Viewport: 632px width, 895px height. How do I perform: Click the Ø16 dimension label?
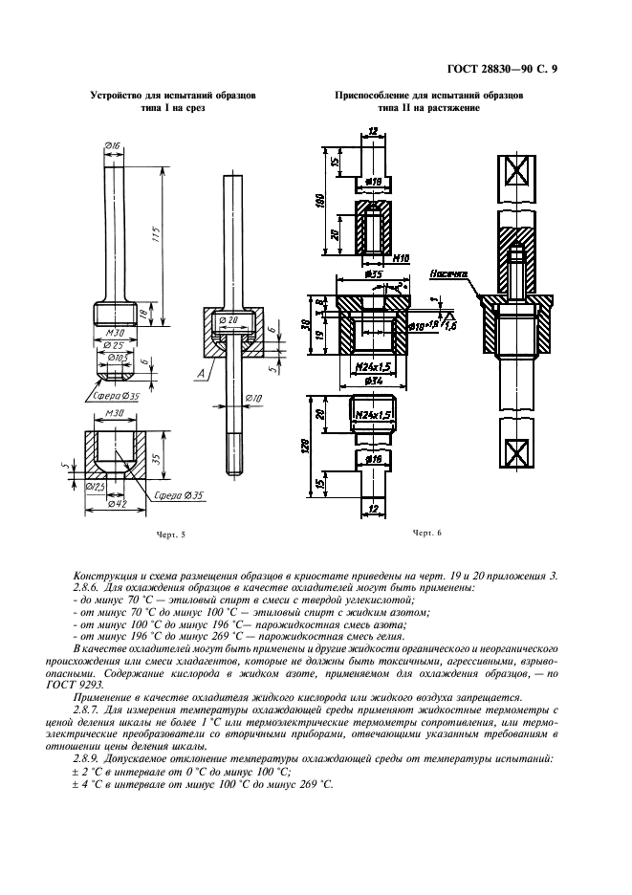[112, 145]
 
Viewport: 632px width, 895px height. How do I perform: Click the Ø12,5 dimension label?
[96, 487]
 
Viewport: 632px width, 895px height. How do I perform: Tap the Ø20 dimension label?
[228, 319]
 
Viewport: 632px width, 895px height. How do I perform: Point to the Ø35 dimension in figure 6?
[373, 275]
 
